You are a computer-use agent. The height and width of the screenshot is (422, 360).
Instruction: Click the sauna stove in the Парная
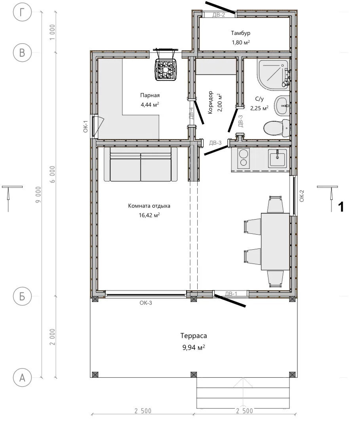coord(166,70)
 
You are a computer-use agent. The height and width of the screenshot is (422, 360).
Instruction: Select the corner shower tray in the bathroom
coord(273,74)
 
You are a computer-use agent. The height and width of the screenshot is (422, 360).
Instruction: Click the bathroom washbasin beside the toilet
coord(282,106)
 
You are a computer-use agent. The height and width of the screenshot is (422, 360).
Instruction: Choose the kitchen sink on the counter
coord(277,158)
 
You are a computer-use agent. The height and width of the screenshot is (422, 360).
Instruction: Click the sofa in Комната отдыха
coord(141,164)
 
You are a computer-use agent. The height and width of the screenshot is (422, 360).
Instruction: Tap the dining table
coord(275,241)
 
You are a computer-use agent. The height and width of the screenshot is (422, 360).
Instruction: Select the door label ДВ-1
coord(231,294)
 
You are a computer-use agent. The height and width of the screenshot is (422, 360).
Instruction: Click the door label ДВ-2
coord(219,15)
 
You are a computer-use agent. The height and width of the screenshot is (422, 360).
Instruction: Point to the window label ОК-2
coord(302,196)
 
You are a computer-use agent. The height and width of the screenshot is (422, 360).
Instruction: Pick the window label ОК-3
coord(146,303)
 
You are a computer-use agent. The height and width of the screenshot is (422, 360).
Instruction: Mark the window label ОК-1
coord(86,126)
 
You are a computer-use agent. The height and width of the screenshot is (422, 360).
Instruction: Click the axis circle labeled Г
coord(22,12)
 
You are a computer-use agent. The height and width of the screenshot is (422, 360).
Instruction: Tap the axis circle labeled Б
coord(22,296)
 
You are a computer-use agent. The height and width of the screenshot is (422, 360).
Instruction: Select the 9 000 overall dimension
coord(38,195)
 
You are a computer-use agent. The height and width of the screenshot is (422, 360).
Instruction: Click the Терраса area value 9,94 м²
coord(194,348)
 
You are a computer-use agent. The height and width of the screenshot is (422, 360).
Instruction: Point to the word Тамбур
coord(240,33)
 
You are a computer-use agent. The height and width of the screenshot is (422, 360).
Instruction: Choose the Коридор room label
coord(210,102)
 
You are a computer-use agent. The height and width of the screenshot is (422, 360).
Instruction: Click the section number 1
coord(341,207)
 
